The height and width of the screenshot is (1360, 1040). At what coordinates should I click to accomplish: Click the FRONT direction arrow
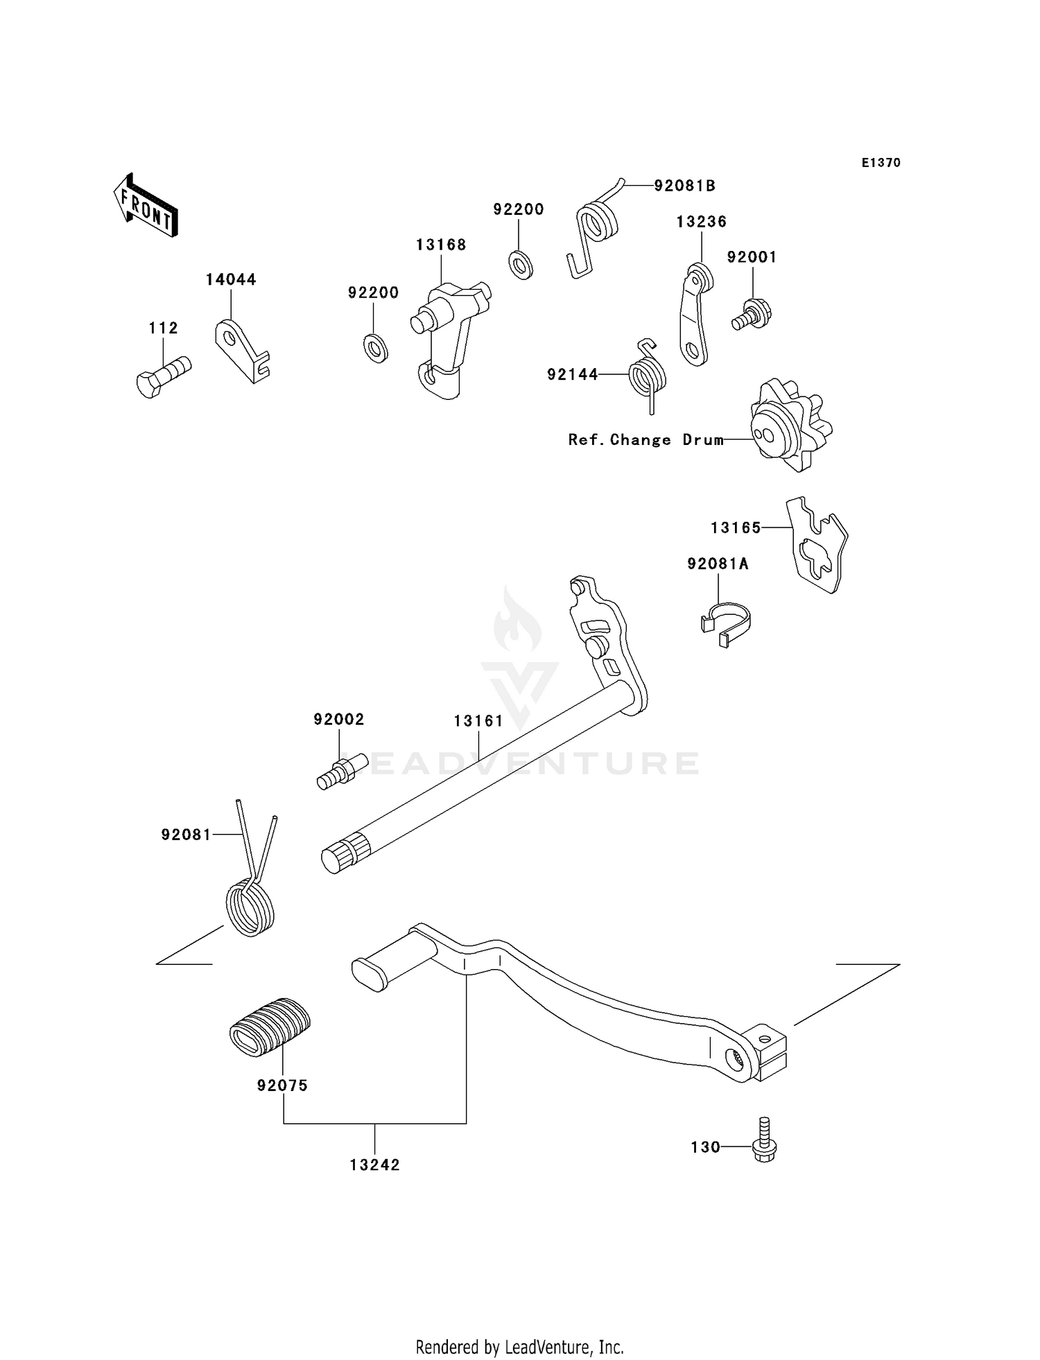(146, 206)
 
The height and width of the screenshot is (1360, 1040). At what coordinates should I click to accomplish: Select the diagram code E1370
(881, 163)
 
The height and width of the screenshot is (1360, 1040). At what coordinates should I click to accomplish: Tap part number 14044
(231, 279)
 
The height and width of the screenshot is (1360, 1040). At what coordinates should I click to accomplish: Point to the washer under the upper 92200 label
(520, 264)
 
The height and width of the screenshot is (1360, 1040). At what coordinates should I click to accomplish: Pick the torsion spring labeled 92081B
(596, 229)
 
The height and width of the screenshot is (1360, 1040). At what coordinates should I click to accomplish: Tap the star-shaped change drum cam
(790, 425)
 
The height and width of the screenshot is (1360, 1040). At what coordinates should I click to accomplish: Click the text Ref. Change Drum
(645, 439)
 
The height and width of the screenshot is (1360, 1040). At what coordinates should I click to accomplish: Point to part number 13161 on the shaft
(478, 721)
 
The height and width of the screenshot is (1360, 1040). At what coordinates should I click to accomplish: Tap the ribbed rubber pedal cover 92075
(270, 1027)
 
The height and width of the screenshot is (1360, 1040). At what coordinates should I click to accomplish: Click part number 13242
(374, 1165)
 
